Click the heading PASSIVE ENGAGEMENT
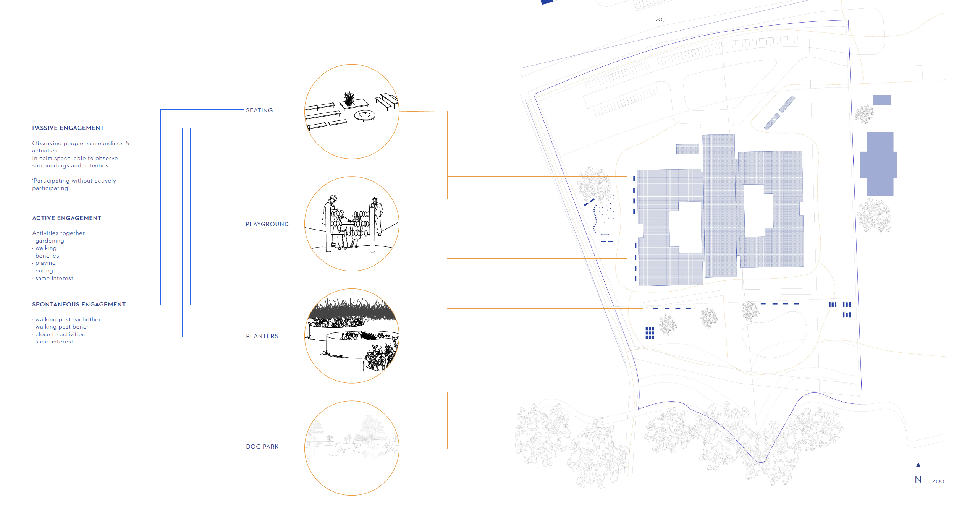pos(68,128)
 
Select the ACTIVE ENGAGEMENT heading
pos(67,218)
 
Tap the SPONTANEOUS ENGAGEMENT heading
pos(79,305)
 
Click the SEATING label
pos(259,110)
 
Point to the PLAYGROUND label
pos(267,224)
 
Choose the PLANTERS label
pos(262,336)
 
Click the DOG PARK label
pos(262,447)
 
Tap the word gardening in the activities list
pos(50,241)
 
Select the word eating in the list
pos(44,271)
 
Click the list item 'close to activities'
pos(60,334)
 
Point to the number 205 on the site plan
pos(660,19)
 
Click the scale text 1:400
pos(936,481)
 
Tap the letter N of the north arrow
pos(918,480)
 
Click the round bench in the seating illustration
pos(365,115)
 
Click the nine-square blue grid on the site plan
pos(650,333)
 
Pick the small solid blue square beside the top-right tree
pos(882,100)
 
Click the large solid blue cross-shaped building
pos(879,164)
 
